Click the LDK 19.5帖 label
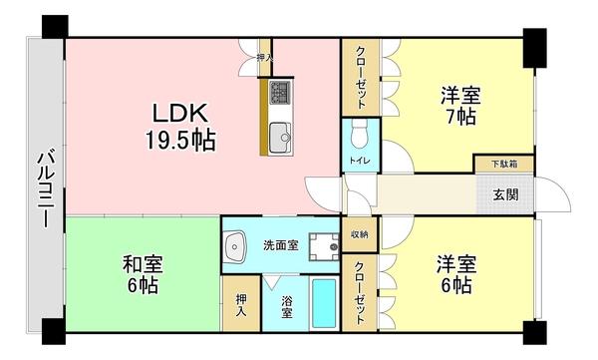(182, 124)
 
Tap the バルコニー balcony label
(45, 189)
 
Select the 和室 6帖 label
(142, 274)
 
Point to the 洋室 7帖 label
(460, 106)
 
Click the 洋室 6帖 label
(455, 275)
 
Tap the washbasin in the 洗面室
(236, 246)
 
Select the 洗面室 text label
(279, 245)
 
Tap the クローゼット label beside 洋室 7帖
(360, 78)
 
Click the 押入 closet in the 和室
(240, 304)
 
